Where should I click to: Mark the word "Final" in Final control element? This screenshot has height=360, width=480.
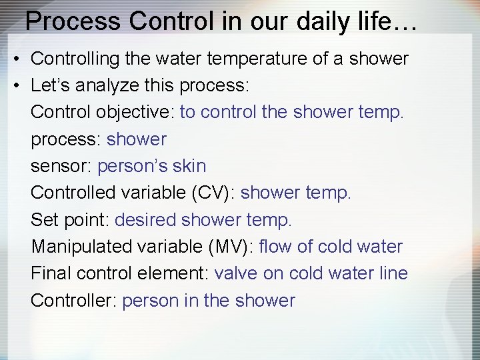(51, 273)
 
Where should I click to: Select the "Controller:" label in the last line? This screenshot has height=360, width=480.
(74, 301)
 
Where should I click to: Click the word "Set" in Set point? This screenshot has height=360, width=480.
(44, 220)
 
